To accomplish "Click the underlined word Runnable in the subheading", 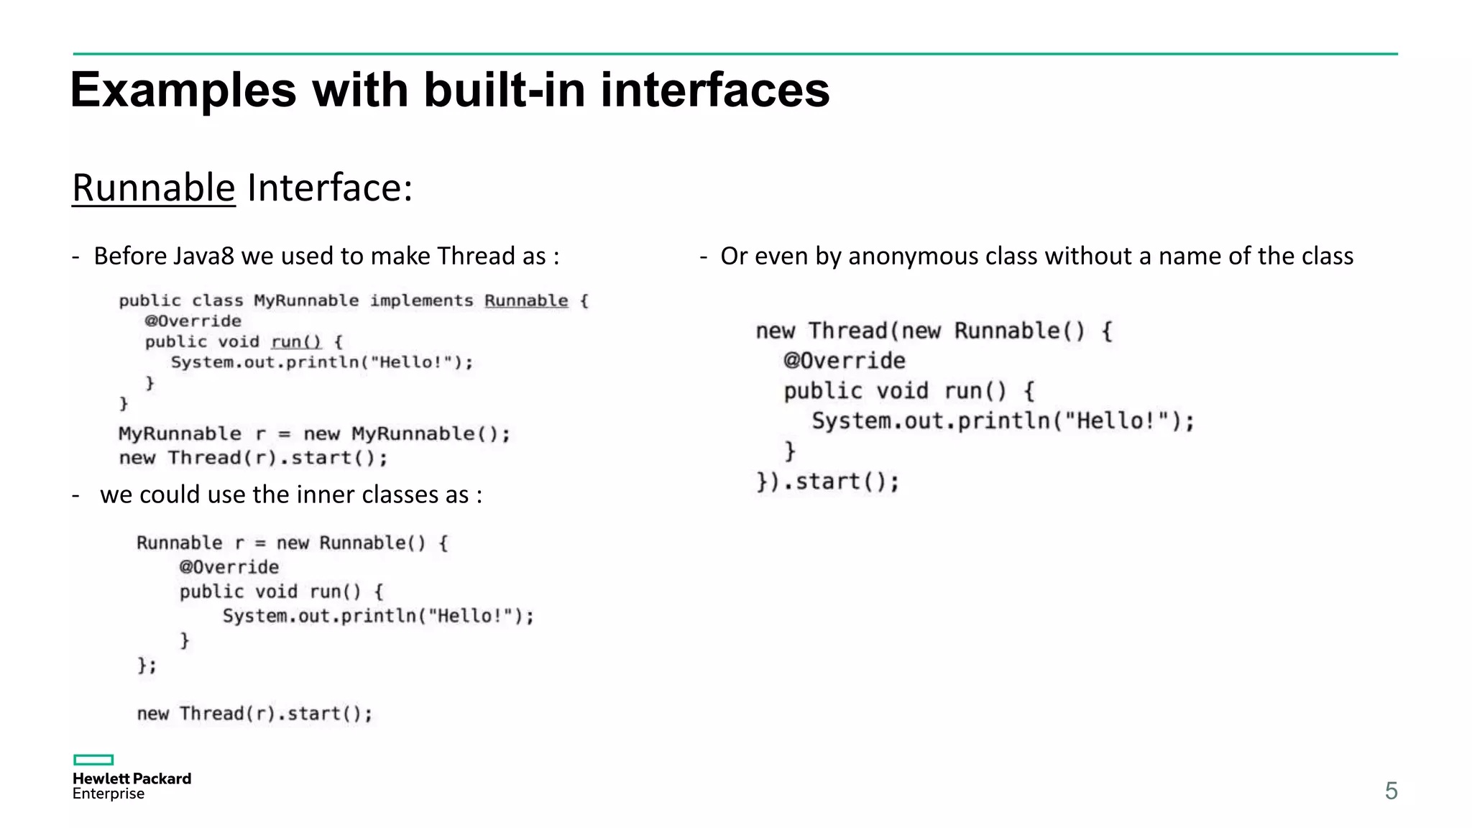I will [x=153, y=188].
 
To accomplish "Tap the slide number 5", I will [x=1391, y=791].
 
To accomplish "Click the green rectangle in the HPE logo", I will [x=93, y=760].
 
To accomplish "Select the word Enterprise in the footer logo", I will [x=109, y=793].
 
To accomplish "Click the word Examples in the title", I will [x=183, y=91].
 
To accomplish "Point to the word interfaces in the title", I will [x=714, y=91].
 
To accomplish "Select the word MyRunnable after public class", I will [x=306, y=300].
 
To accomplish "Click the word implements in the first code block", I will [x=421, y=300].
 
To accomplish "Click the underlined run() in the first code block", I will [x=296, y=341].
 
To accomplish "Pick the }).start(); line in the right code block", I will [x=827, y=481].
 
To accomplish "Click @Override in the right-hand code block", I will [x=845, y=360].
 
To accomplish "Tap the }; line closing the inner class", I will [x=147, y=665].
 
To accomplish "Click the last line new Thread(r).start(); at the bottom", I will [x=254, y=713].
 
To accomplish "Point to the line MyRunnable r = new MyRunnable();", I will [x=314, y=433].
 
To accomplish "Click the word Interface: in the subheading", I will [x=329, y=188].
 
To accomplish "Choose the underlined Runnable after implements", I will [x=526, y=300].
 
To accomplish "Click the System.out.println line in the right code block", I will [x=1003, y=420].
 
